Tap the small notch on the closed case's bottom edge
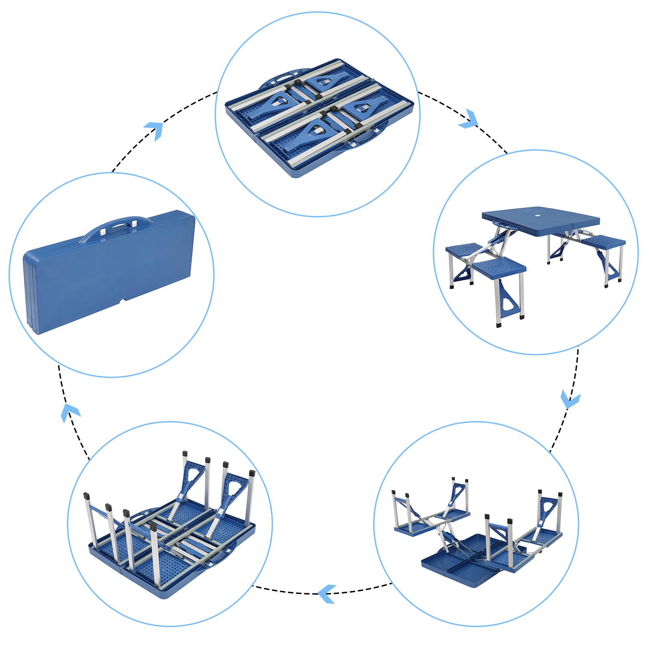pyautogui.click(x=123, y=301)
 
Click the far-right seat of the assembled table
pyautogui.click(x=603, y=242)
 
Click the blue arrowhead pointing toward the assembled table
pyautogui.click(x=469, y=119)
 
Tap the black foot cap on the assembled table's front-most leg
pyautogui.click(x=499, y=324)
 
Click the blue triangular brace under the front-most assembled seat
pyautogui.click(x=507, y=300)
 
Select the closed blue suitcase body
pyautogui.click(x=110, y=276)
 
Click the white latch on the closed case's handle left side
pyautogui.click(x=103, y=231)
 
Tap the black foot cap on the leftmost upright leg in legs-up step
pyautogui.click(x=86, y=496)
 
